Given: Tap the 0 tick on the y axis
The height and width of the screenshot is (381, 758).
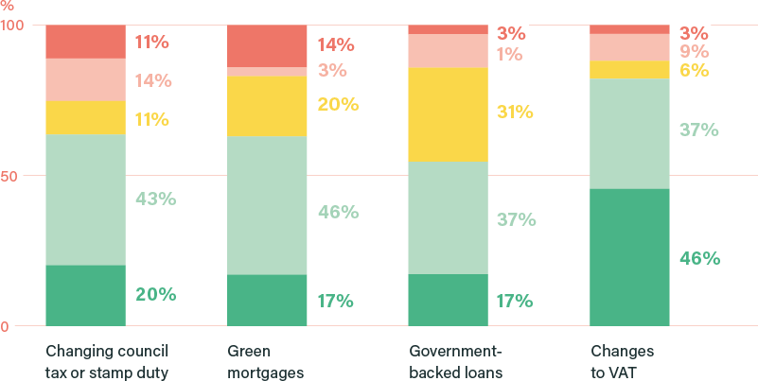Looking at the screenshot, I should coord(5,327).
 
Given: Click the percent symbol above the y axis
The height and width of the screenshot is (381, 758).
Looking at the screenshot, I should coord(9,7).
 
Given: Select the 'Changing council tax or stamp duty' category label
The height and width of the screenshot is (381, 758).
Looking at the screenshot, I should coord(113,362).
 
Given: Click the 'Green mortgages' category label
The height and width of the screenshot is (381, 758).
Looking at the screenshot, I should coord(265,362).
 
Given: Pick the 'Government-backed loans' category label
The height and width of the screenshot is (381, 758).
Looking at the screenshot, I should coord(455,362).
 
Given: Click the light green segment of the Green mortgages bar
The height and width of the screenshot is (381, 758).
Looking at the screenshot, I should coord(267,205).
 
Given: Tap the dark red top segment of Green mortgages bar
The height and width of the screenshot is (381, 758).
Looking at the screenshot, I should coord(267,45).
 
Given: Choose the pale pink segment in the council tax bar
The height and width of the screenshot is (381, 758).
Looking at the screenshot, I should coord(85,79).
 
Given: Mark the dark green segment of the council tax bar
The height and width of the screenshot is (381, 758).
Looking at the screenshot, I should coord(85,295).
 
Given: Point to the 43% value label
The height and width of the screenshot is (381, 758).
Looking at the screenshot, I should coord(155,199).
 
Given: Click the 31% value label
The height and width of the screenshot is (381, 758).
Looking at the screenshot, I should coord(515,112).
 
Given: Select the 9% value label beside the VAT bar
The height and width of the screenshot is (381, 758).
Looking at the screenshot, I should coord(694,51).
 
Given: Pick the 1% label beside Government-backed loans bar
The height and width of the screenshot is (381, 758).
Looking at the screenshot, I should coord(509,54).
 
